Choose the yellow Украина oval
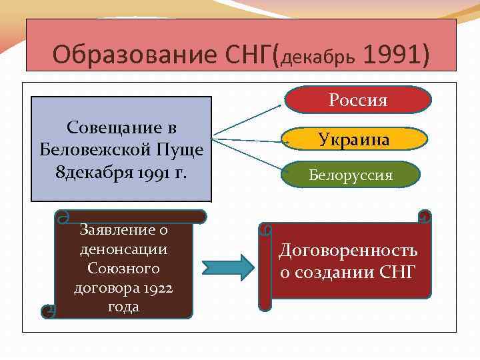coord(354,139)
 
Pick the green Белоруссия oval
coord(351,175)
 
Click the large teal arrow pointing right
coord(228,267)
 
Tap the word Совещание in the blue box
coord(121,127)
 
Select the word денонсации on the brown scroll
coord(123,249)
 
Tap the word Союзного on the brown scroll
coord(123,269)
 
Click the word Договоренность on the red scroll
coord(347,251)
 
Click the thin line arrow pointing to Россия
coord(247,121)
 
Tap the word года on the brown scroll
coord(123,307)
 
